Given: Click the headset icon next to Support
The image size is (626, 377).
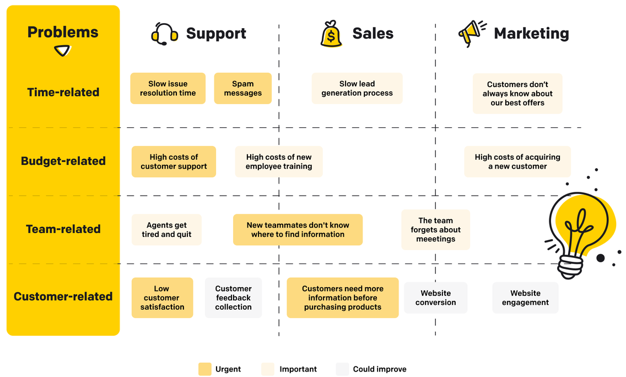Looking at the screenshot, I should point(164,34).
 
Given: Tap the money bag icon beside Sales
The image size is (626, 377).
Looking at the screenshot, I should point(331,34).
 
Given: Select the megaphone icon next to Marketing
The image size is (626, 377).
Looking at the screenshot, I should point(472,34).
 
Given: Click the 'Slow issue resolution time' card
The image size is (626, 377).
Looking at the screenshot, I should point(168,88).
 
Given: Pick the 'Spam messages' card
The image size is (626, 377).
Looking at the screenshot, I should point(242,88).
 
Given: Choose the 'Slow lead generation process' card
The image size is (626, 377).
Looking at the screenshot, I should point(357,88).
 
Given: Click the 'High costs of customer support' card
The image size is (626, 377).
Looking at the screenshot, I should point(174,161).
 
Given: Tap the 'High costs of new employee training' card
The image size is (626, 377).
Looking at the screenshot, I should point(279,161).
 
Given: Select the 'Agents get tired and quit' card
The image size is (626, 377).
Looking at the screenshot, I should point(166,229).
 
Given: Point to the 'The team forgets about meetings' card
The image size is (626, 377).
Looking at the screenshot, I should point(435,229).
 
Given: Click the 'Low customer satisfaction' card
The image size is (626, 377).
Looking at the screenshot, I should point(162,298).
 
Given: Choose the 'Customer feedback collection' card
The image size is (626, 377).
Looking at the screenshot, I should point(233,298).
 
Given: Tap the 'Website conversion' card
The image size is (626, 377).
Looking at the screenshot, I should point(435,298).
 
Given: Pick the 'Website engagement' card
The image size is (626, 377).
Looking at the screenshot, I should point(525,298).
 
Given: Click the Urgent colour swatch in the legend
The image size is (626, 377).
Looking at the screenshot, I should point(205,369).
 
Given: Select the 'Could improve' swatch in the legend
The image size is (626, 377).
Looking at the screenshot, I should point(342,369).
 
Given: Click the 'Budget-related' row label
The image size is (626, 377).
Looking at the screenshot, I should point(63,161).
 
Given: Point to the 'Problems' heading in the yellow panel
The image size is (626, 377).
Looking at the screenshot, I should point(63,33).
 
